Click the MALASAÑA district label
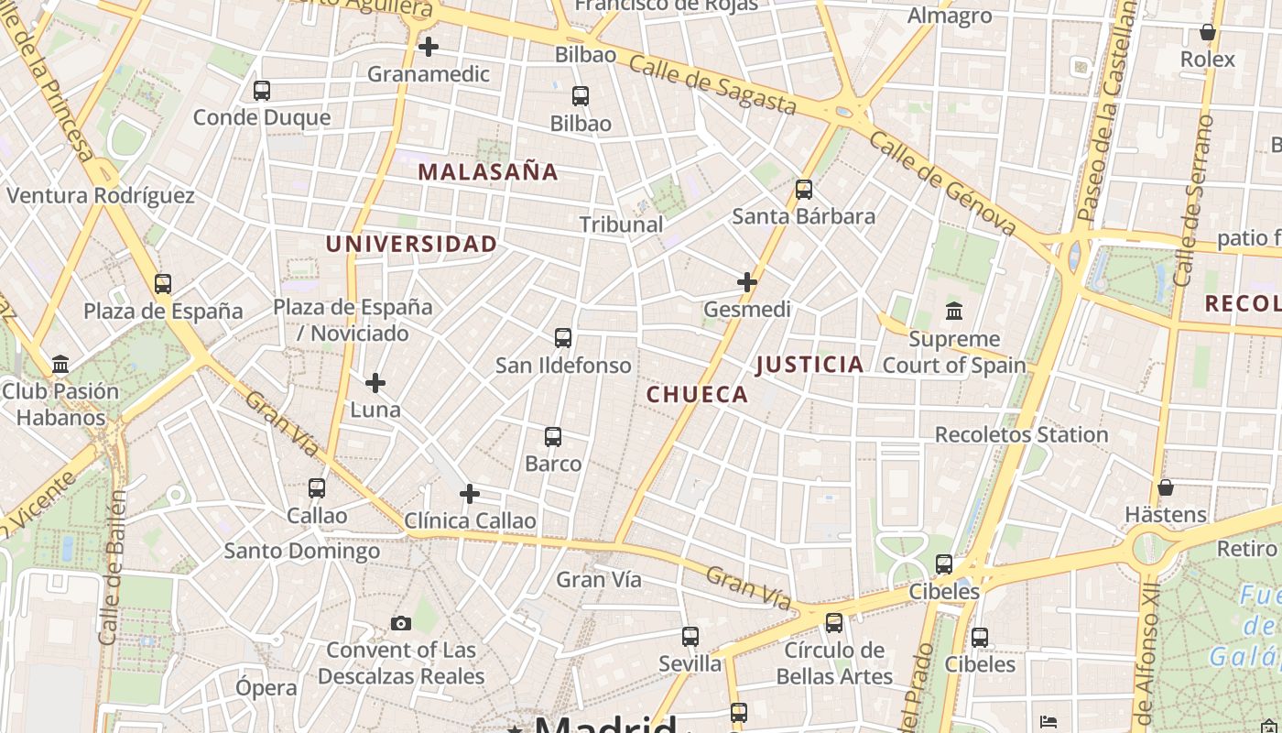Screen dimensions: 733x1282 click(x=488, y=171)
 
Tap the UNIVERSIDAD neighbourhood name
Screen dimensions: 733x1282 click(x=411, y=244)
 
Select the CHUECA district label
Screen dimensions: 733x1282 click(x=697, y=395)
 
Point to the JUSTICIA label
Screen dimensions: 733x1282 click(x=809, y=365)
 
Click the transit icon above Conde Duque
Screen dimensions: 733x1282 click(x=262, y=91)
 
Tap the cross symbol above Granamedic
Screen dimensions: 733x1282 click(x=428, y=47)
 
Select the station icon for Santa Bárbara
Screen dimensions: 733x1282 click(x=804, y=190)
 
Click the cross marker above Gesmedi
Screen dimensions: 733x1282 click(x=747, y=282)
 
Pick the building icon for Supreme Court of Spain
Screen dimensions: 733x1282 click(x=954, y=312)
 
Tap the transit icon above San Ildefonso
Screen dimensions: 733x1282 click(x=563, y=338)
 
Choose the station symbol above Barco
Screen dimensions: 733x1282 click(x=553, y=437)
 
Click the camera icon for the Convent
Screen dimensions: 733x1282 click(x=400, y=624)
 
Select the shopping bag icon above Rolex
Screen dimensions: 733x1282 click(x=1208, y=33)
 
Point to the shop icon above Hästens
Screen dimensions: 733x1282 click(x=1166, y=487)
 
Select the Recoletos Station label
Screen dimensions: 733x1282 click(x=1021, y=434)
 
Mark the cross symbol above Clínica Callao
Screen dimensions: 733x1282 click(x=470, y=495)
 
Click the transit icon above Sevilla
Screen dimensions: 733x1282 click(x=690, y=637)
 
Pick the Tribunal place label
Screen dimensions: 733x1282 click(x=621, y=224)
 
